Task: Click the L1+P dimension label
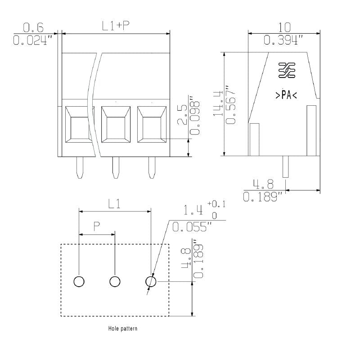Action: (x=116, y=26)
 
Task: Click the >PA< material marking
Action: (x=286, y=95)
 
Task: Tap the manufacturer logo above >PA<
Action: (x=286, y=71)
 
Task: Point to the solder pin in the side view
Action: (x=285, y=166)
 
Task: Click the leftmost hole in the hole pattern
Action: (x=79, y=282)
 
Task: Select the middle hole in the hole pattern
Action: (x=115, y=282)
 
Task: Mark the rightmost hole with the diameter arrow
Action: (x=151, y=282)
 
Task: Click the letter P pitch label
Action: (x=97, y=226)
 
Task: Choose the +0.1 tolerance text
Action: (x=216, y=205)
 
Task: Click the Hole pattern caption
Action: (x=123, y=328)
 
